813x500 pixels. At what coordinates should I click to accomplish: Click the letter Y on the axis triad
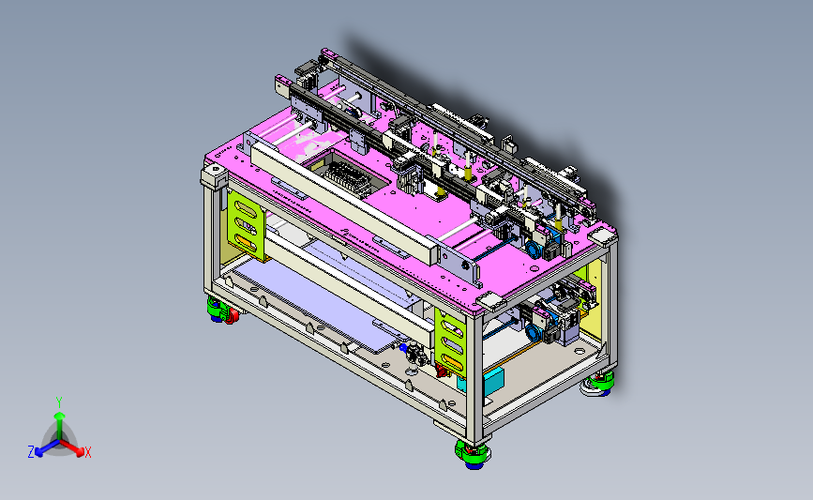[59, 402]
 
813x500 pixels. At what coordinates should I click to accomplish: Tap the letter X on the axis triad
[88, 452]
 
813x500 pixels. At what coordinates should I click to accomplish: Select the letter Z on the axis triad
[31, 452]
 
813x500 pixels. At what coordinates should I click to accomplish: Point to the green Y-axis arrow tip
[59, 416]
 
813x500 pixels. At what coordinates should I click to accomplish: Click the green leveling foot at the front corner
[473, 452]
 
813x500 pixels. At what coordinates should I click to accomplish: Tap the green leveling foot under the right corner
[599, 381]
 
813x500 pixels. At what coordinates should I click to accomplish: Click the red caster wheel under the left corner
[232, 315]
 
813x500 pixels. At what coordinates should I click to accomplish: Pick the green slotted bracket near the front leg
[450, 342]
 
